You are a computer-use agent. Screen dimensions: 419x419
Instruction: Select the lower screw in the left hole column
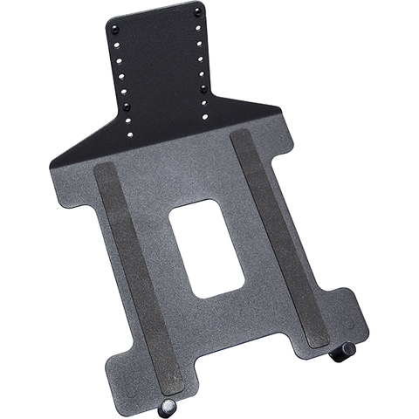127,106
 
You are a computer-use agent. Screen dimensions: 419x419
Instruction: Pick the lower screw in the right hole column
203,87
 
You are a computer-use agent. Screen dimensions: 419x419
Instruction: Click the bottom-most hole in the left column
131,135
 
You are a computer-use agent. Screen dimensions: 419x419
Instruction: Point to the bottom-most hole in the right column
206,116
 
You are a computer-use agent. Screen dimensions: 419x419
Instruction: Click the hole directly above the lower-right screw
203,73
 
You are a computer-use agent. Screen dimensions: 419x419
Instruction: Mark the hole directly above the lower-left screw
126,91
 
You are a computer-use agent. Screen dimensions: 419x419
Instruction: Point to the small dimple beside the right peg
349,324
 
